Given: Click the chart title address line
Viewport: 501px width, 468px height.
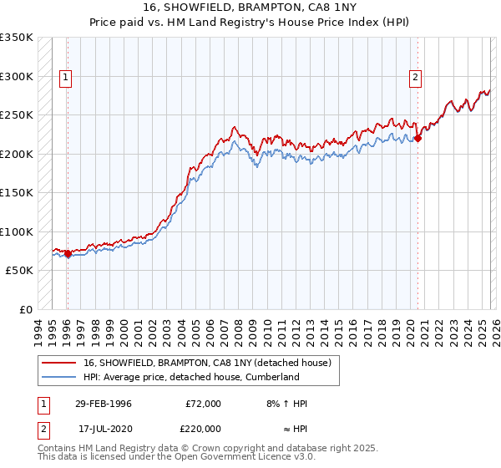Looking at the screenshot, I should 250,8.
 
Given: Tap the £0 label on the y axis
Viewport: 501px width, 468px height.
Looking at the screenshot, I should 25,309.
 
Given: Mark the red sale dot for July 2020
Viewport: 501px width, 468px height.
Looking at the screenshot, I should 417,139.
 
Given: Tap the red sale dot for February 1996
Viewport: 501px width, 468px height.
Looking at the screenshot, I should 68,253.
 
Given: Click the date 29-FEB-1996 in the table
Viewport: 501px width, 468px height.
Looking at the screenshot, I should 104,404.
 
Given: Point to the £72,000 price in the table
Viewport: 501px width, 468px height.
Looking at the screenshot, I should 203,404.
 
